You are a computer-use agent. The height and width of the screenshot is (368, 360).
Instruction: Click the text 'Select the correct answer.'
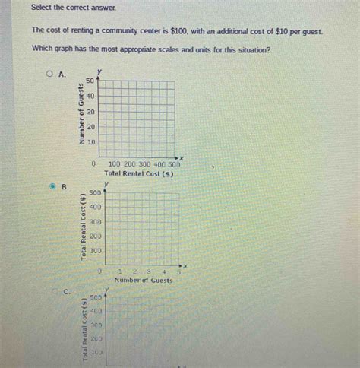point(74,7)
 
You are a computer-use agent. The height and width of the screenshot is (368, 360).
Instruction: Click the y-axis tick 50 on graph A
point(90,81)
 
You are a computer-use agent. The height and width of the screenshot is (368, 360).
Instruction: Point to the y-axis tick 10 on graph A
point(90,142)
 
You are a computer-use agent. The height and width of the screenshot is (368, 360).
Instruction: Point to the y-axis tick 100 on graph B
point(96,250)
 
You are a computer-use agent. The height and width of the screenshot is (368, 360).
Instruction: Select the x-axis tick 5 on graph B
point(179,271)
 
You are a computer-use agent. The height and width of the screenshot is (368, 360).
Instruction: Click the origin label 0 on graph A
point(93,163)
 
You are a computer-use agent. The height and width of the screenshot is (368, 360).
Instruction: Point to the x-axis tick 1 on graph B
point(120,271)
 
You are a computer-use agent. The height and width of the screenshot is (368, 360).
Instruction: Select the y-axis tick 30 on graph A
point(90,112)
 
